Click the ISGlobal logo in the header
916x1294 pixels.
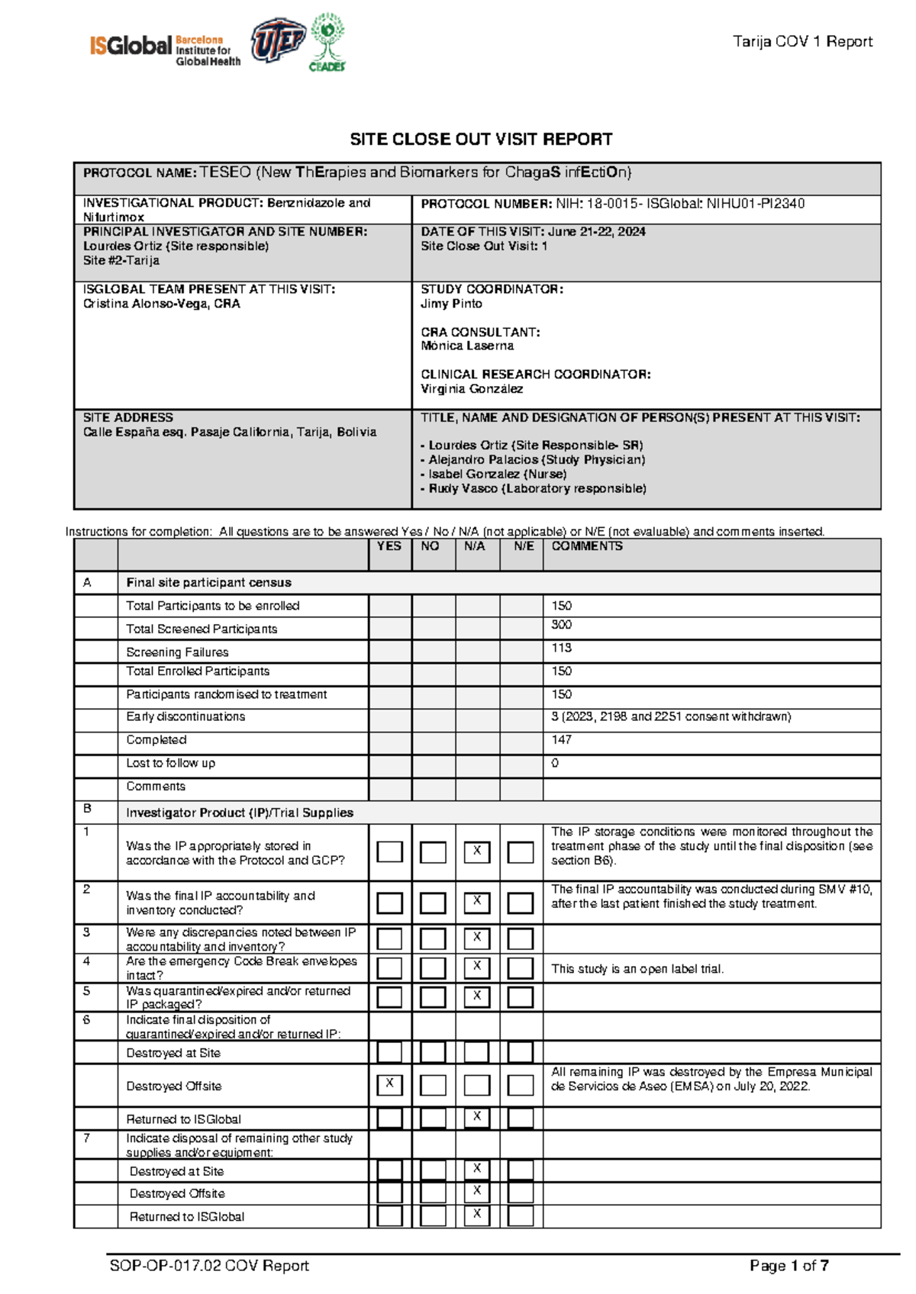[x=164, y=47]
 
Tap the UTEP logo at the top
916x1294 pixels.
[x=278, y=40]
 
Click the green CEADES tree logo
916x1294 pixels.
[x=327, y=42]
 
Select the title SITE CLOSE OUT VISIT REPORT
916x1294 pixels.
[x=481, y=140]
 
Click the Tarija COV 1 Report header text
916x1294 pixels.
[x=802, y=42]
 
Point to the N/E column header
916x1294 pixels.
[x=523, y=546]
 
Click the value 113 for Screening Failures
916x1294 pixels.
[x=562, y=648]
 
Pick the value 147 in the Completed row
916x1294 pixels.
[x=562, y=739]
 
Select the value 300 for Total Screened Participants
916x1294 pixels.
[x=562, y=625]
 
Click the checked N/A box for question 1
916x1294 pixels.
[x=477, y=851]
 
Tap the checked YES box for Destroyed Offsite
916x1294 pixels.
[x=389, y=1083]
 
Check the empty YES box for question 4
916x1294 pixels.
[x=389, y=967]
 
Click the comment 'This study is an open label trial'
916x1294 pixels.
[x=637, y=969]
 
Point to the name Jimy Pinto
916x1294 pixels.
[x=451, y=304]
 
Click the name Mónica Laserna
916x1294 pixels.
[x=467, y=346]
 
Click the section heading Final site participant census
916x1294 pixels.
[x=208, y=583]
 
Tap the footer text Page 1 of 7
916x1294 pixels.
[x=789, y=1266]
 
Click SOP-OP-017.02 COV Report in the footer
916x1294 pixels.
[x=209, y=1266]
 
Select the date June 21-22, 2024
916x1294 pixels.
[x=596, y=231]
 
